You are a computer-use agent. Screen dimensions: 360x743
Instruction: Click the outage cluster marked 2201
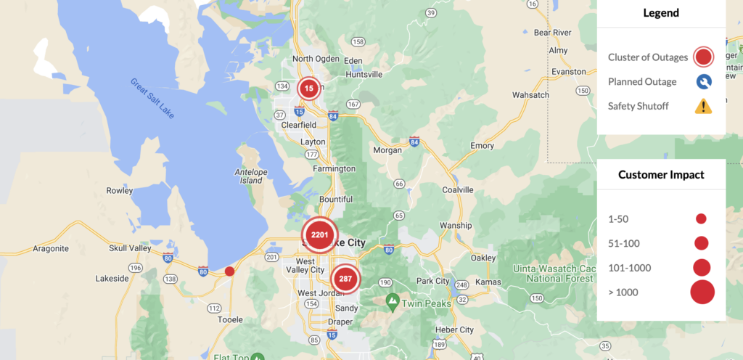point(319,234)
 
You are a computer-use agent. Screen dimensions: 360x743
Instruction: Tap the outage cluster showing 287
point(345,279)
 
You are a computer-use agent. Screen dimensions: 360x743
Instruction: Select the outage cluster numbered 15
point(308,89)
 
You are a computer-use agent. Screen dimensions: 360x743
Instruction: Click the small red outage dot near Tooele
point(229,271)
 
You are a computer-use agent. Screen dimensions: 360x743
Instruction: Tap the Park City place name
point(432,281)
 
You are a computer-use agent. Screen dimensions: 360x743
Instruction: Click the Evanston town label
point(568,72)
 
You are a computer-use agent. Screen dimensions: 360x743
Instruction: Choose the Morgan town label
point(387,150)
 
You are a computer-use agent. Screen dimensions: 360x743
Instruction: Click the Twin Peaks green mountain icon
point(393,299)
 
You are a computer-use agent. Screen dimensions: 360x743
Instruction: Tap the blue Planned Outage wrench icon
point(703,82)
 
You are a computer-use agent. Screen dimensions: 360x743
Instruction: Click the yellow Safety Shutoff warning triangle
point(703,107)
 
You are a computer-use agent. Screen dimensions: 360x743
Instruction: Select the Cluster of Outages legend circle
point(703,57)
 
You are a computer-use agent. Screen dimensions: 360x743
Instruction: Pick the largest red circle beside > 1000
point(702,292)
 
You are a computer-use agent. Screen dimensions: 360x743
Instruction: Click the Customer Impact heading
point(661,174)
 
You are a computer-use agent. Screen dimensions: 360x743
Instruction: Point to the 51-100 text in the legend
point(624,243)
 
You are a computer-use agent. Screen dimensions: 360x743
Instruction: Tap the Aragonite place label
point(51,248)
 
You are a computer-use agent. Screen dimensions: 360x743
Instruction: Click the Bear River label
point(552,33)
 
